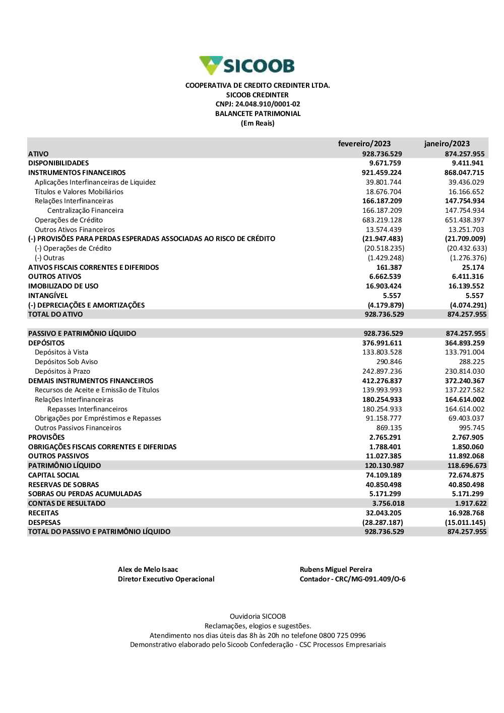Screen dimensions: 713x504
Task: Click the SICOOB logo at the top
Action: click(x=247, y=66)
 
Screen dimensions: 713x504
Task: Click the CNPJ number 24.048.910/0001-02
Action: click(x=258, y=104)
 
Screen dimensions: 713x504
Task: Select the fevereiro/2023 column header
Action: click(x=364, y=144)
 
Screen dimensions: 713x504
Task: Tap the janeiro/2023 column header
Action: click(x=447, y=144)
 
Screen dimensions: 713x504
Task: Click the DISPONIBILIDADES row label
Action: click(x=58, y=163)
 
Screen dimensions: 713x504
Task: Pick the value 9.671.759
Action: click(x=385, y=163)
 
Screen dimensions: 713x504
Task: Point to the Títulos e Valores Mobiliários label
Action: click(x=79, y=192)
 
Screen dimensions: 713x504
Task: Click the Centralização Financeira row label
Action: click(x=85, y=211)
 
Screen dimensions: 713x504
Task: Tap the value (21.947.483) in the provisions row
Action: click(x=383, y=239)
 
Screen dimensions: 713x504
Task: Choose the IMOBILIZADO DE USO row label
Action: click(x=64, y=286)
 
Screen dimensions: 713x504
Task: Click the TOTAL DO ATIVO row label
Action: click(x=55, y=315)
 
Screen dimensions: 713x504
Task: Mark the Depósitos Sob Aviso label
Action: click(x=66, y=362)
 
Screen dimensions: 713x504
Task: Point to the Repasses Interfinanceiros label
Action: click(x=87, y=409)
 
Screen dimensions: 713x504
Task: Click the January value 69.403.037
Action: click(x=464, y=419)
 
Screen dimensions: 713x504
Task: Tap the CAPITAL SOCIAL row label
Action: click(x=54, y=476)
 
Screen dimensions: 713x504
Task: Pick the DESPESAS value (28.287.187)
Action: click(x=383, y=523)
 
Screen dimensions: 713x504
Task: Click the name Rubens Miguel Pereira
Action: click(x=336, y=570)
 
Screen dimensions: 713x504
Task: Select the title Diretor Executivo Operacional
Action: click(x=166, y=579)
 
